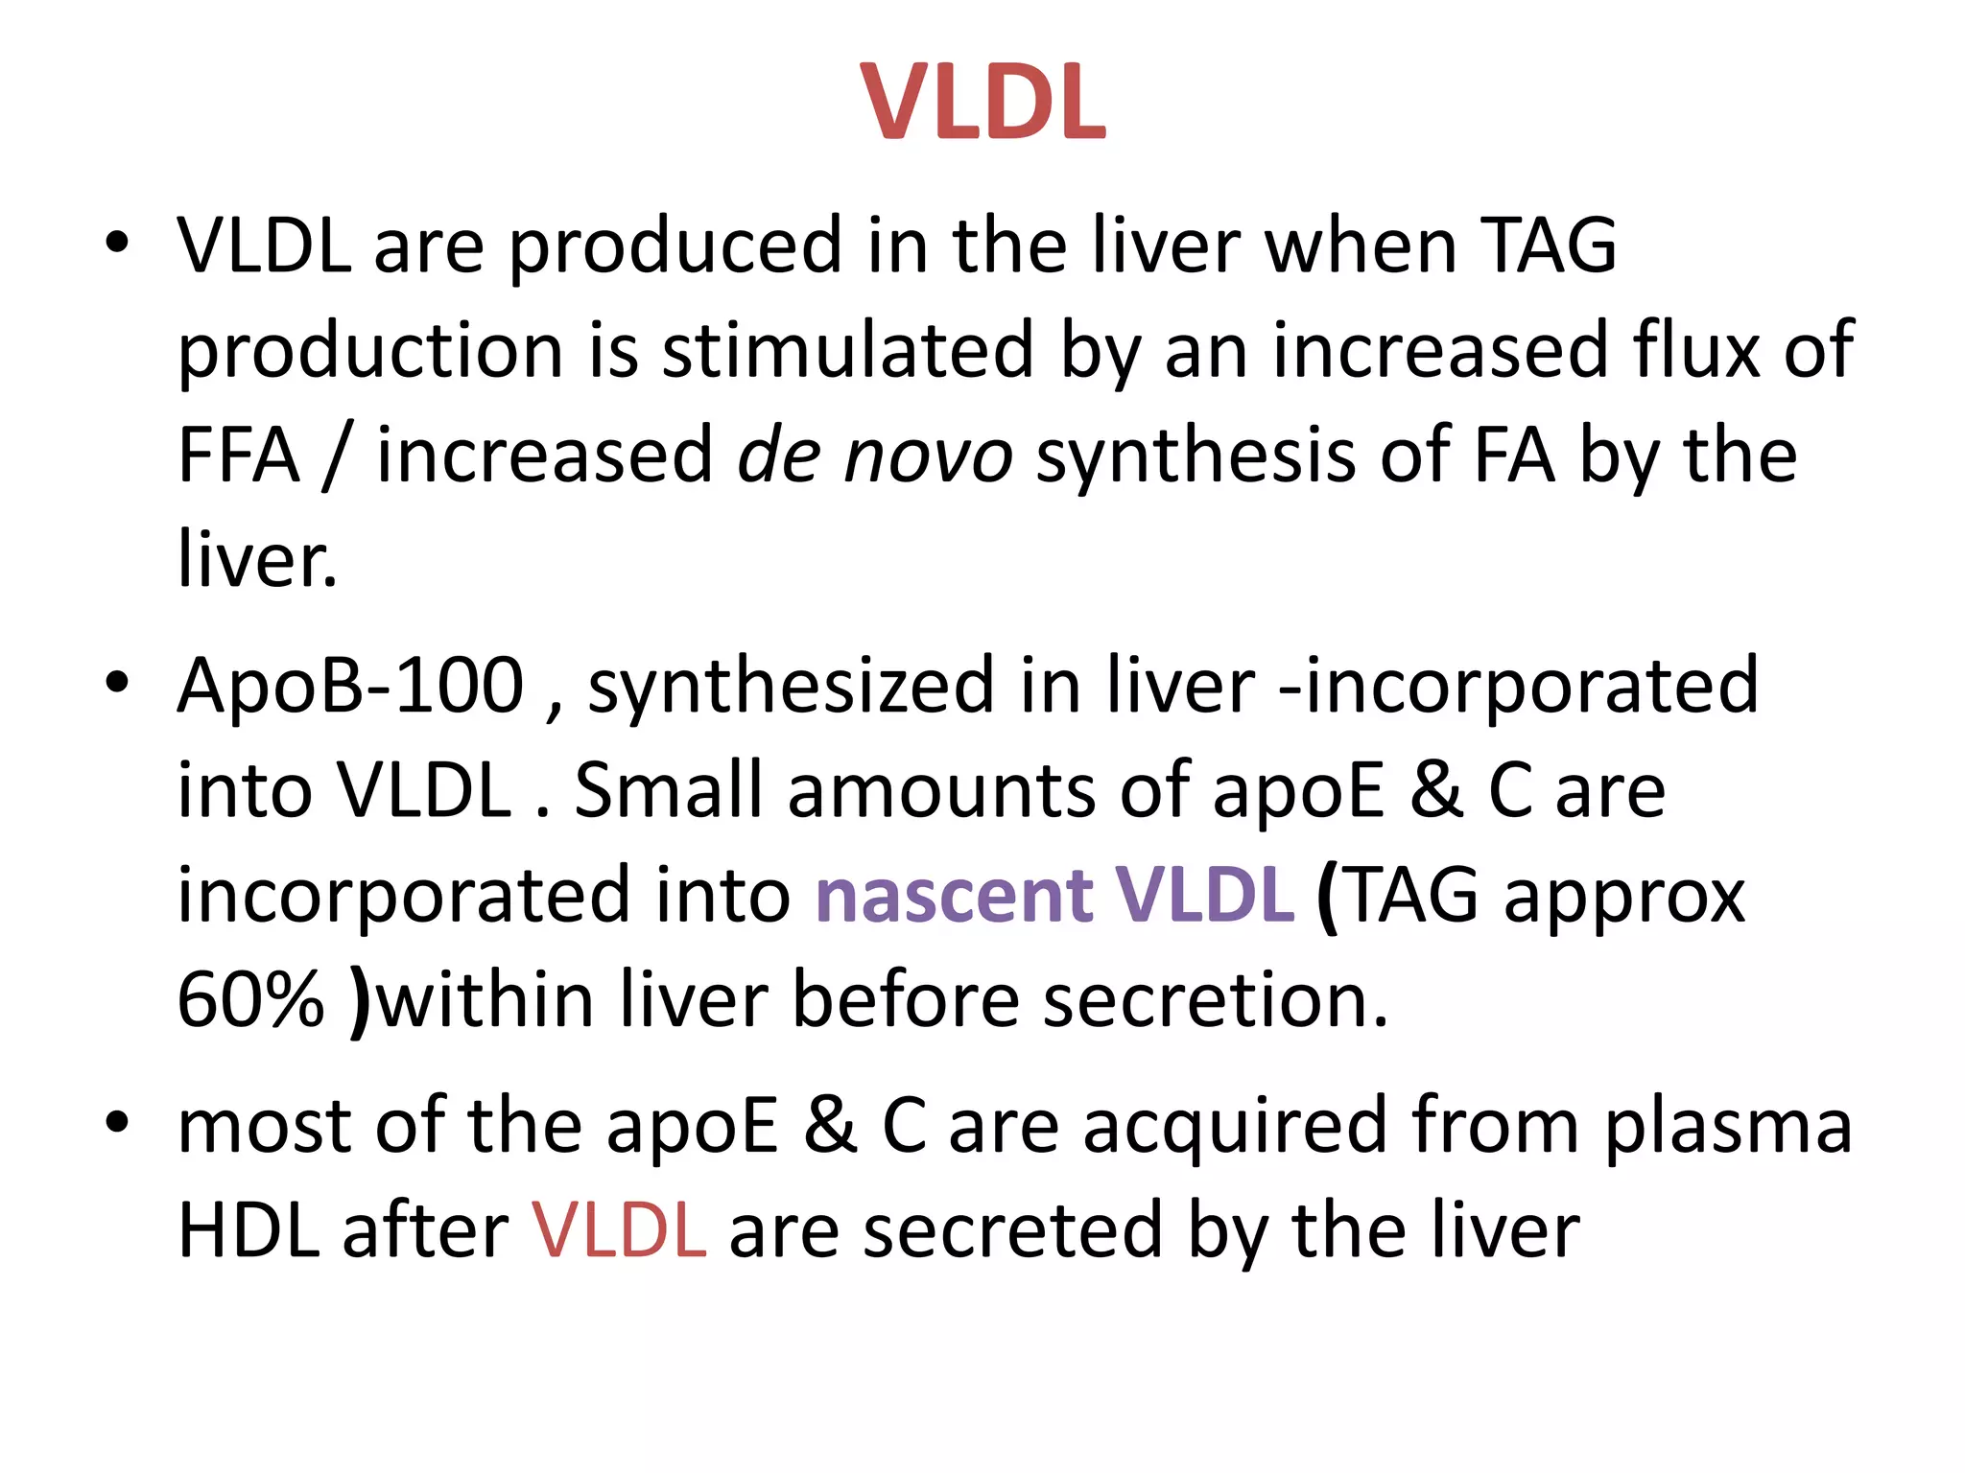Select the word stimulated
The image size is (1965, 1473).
tap(849, 351)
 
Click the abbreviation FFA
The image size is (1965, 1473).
tap(239, 456)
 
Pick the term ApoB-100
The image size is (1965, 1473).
tap(351, 686)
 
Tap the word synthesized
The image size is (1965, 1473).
tap(791, 686)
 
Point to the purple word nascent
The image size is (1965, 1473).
tap(954, 896)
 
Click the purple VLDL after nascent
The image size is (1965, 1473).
tap(1205, 896)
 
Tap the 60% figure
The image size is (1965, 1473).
tap(251, 1000)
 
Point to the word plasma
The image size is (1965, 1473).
tap(1728, 1127)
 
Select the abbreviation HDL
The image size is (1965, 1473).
tap(249, 1231)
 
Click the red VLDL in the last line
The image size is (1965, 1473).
tap(620, 1231)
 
